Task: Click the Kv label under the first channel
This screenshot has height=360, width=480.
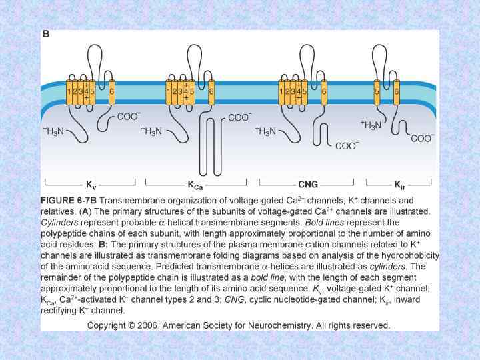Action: (x=90, y=183)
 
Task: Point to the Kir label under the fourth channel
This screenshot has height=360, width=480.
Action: (x=399, y=183)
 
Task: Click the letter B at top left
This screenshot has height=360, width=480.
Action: (x=46, y=34)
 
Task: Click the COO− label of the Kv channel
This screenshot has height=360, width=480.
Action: (x=129, y=116)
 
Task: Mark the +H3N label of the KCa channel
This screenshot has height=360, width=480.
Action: (x=155, y=131)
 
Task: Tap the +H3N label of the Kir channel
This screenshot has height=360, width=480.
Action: (x=371, y=124)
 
